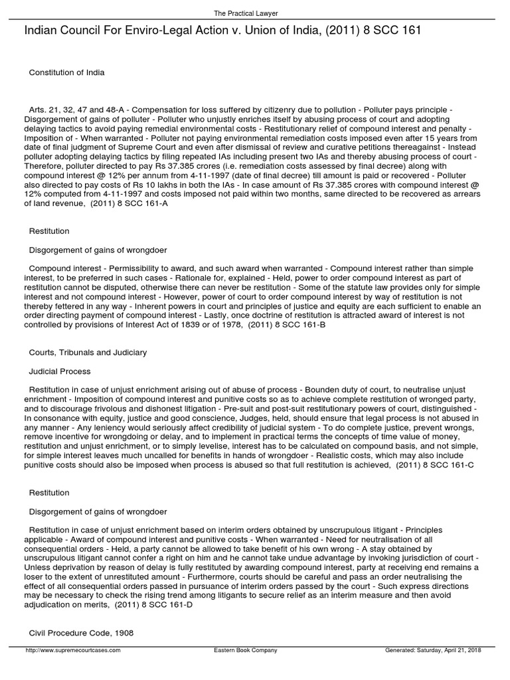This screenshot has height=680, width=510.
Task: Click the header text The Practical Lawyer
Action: click(x=254, y=13)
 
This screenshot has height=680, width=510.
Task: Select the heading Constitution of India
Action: click(x=66, y=72)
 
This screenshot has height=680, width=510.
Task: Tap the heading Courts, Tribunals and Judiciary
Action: click(x=88, y=352)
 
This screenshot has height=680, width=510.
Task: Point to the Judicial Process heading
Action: click(x=60, y=371)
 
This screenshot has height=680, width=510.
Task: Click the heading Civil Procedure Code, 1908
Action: click(x=81, y=633)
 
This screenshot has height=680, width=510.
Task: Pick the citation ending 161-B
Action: click(x=287, y=325)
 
